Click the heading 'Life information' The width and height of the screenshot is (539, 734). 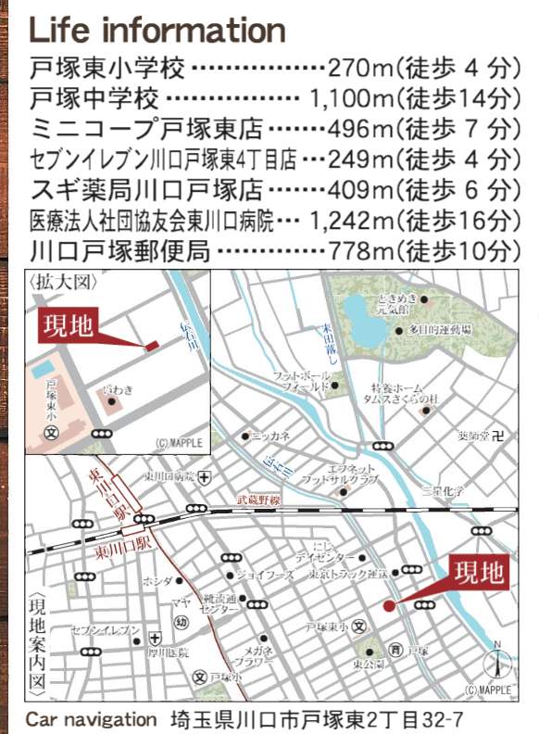tap(157, 30)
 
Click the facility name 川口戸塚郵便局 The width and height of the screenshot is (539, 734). tap(119, 250)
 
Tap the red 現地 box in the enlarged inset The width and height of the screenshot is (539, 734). tap(69, 328)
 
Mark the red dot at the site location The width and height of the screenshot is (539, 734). tap(389, 605)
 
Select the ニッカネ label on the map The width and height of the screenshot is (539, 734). tap(271, 435)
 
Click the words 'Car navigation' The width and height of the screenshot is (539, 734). tap(91, 719)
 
